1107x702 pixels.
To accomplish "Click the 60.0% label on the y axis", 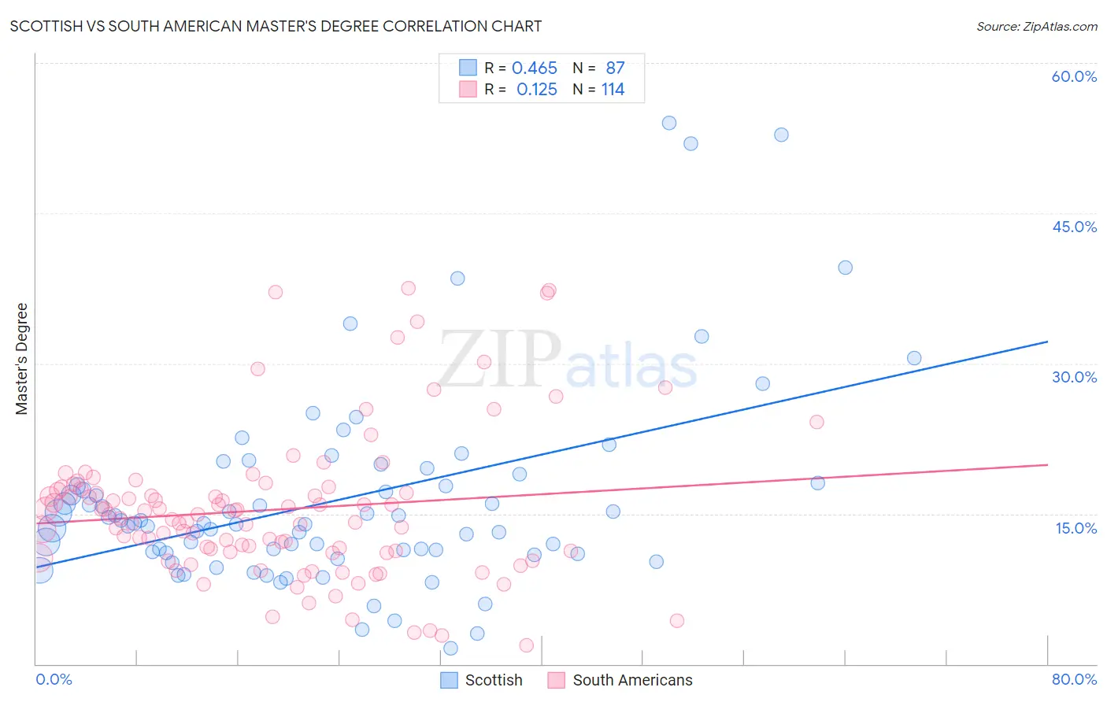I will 1074,76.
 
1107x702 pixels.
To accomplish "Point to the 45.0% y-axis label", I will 1074,227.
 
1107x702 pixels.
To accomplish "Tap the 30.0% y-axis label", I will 1074,377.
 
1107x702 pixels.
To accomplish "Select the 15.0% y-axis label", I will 1076,527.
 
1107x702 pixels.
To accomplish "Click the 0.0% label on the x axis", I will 54,679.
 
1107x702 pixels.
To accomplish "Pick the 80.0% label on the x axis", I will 1074,679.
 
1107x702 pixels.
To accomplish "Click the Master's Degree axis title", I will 21,359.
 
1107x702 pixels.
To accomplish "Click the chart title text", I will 276,26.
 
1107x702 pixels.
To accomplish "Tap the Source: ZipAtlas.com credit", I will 1036,26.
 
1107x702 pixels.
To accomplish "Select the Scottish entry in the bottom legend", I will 493,680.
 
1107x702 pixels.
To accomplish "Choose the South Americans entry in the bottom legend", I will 632,680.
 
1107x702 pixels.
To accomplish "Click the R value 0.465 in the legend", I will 535,68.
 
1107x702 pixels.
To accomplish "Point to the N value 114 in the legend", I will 613,90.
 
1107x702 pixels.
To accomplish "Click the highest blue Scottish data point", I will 669,123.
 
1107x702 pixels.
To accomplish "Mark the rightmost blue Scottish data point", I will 914,358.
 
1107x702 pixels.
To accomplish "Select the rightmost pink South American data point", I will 816,422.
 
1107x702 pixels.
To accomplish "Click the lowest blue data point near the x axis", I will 450,648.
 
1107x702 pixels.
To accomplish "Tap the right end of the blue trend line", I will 1047,342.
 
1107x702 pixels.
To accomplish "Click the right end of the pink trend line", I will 1047,464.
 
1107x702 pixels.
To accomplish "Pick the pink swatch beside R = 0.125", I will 468,90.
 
